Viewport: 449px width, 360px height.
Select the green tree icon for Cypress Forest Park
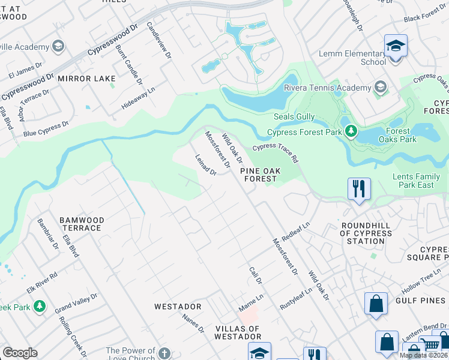[x=351, y=131]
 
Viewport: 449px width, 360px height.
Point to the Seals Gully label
[x=295, y=116]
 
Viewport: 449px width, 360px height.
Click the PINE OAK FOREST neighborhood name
[x=260, y=175]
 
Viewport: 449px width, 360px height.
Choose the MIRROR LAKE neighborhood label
[x=87, y=79]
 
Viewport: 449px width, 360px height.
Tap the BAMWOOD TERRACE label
[x=82, y=224]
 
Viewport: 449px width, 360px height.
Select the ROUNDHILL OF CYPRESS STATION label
[x=362, y=233]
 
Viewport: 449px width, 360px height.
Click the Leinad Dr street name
[x=206, y=165]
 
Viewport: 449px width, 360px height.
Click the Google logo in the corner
[x=20, y=353]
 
